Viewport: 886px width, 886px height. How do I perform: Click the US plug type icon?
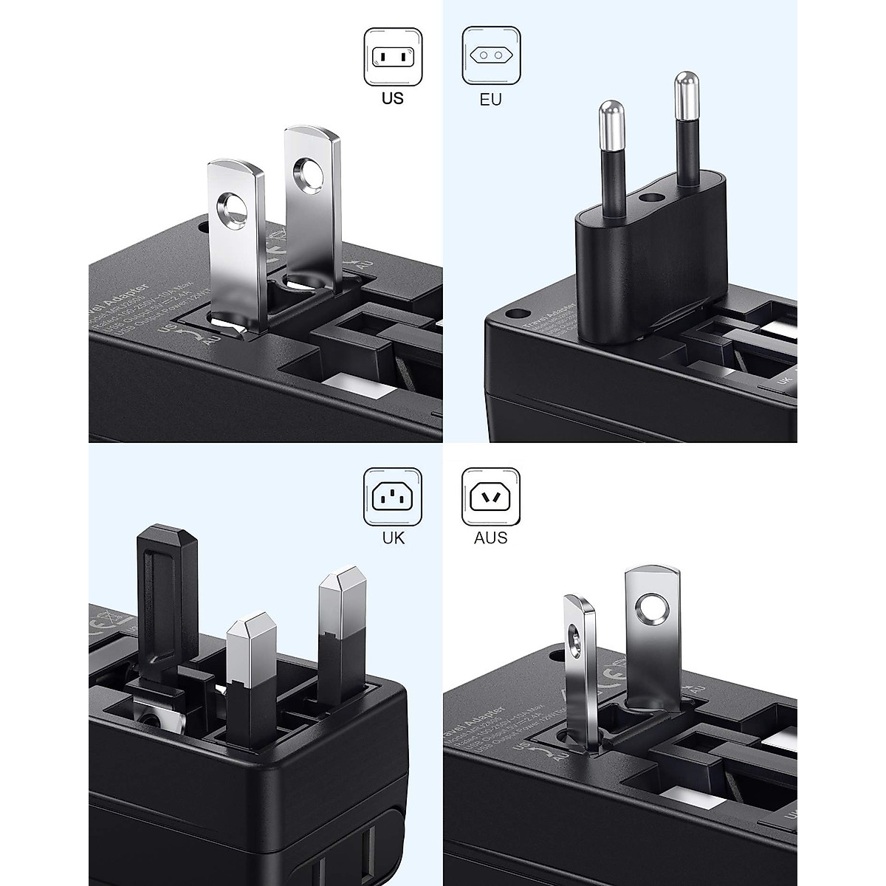393,56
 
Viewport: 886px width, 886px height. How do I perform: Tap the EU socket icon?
490,56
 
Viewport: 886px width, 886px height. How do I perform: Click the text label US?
393,97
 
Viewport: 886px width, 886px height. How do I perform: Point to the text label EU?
490,98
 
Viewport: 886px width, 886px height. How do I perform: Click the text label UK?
394,538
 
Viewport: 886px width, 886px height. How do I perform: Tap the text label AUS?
491,538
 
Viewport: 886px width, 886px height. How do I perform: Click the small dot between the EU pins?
652,198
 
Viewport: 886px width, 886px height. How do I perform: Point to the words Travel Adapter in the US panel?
122,299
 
